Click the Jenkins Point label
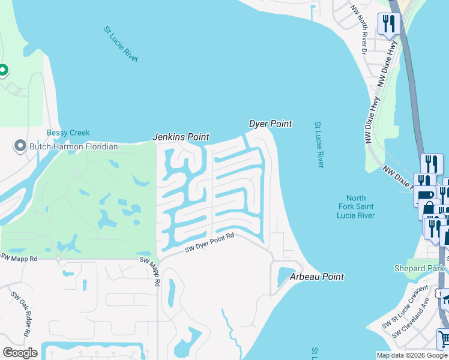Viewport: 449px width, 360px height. [180, 137]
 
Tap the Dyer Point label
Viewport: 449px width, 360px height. [270, 124]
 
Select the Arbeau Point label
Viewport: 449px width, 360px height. [317, 277]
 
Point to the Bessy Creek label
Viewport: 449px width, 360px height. [68, 133]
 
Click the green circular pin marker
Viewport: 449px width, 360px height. [2, 71]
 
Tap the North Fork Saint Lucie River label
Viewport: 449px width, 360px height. [360, 207]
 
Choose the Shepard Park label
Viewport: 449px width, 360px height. [420, 268]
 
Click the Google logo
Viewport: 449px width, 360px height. [20, 352]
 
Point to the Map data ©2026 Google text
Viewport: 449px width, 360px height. [412, 355]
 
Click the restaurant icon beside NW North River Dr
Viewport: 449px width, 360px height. [389, 24]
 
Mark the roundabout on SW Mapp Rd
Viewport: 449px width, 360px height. [58, 259]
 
